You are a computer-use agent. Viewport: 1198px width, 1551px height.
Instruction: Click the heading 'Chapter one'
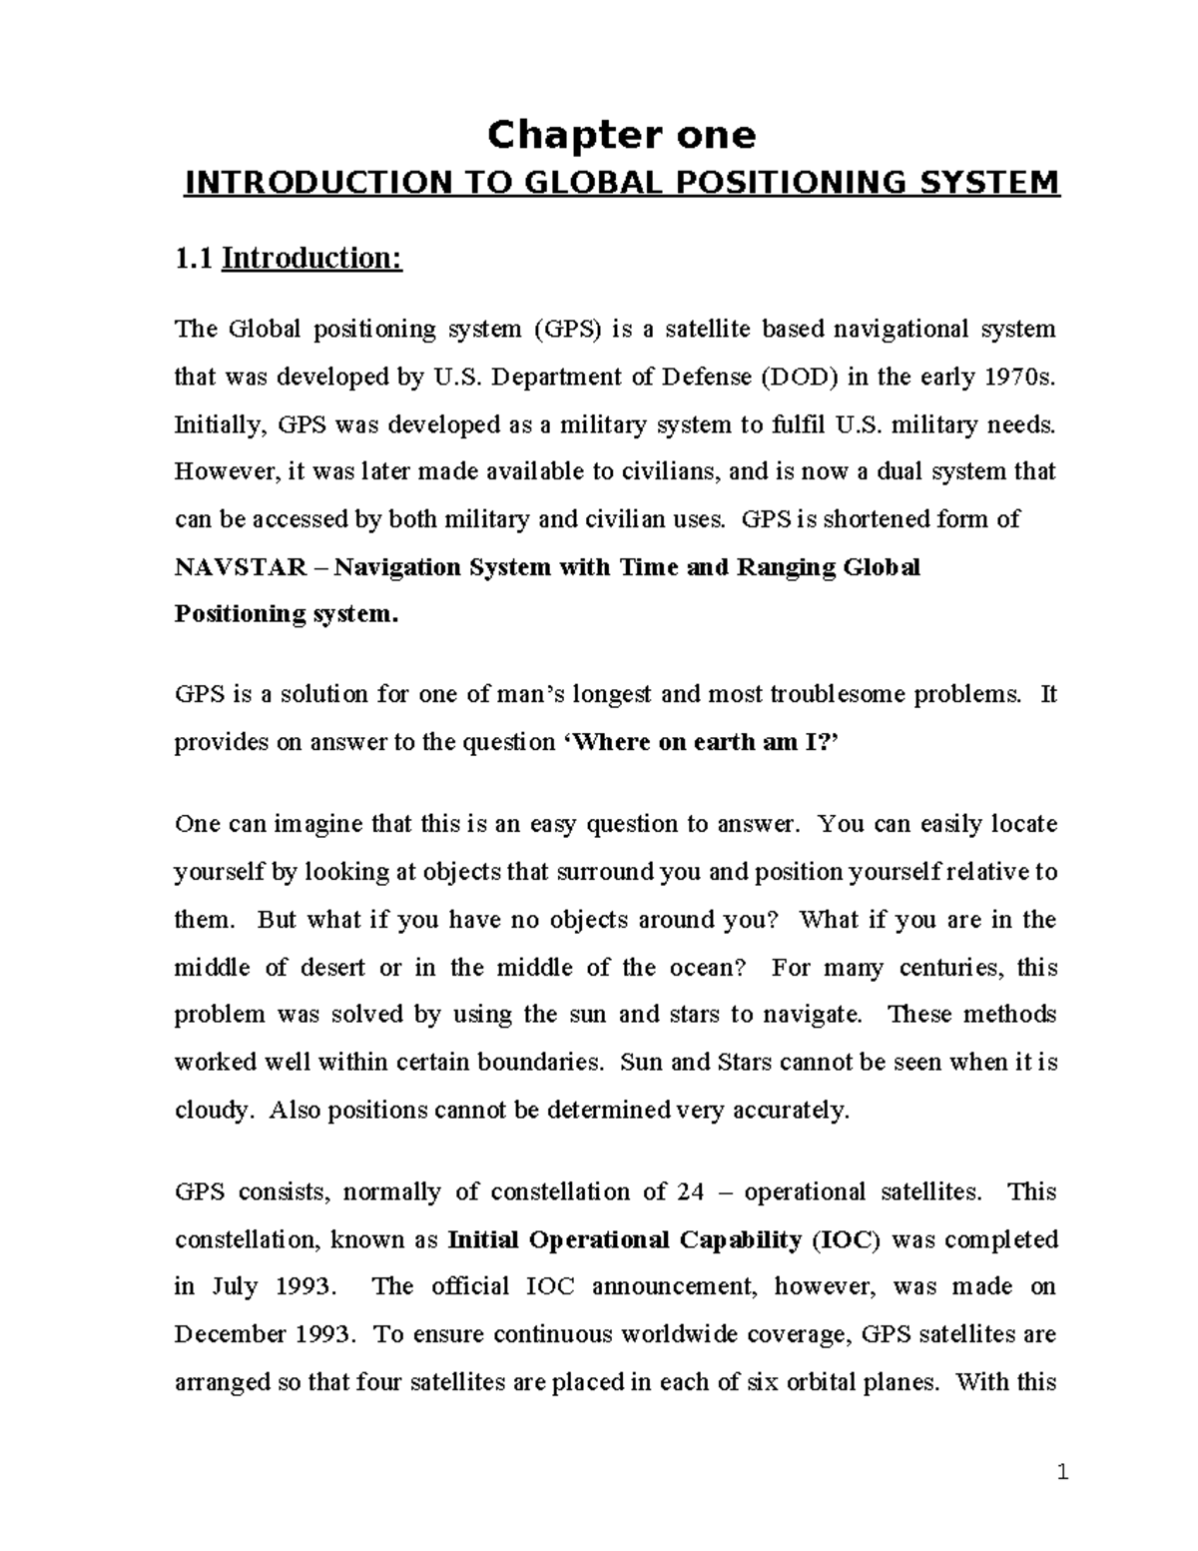[620, 135]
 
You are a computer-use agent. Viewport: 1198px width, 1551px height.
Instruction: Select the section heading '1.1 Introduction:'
[288, 259]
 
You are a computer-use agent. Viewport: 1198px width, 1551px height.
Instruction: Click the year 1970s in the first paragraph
[1018, 378]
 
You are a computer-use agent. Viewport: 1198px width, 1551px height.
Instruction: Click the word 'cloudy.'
[210, 1111]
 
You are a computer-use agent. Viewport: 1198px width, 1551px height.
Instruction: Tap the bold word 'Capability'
[741, 1240]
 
